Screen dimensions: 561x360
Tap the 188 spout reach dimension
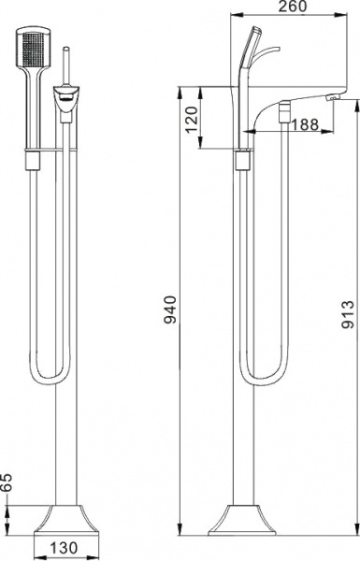pos(304,124)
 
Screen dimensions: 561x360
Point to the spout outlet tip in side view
pos(331,97)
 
